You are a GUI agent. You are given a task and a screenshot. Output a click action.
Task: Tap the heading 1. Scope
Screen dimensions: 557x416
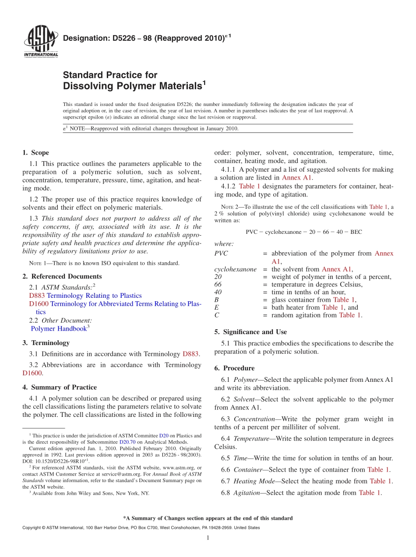click(35, 153)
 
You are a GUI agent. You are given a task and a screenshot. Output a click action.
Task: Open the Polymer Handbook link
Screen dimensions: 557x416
click(59, 328)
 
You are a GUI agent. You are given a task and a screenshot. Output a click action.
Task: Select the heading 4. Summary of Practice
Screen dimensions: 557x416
click(60, 387)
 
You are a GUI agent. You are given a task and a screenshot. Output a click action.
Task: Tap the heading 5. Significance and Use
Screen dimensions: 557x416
click(250, 332)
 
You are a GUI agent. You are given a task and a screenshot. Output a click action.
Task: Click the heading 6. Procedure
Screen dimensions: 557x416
click(234, 368)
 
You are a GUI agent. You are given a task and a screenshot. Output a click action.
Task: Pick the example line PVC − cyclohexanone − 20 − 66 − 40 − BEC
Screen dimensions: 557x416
click(303, 232)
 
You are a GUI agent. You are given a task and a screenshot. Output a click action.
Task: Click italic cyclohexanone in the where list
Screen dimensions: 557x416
click(235, 269)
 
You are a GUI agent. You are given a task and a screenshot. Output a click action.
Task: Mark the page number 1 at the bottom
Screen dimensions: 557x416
click(208, 537)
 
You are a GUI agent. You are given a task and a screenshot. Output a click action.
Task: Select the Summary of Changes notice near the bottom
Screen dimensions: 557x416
click(208, 518)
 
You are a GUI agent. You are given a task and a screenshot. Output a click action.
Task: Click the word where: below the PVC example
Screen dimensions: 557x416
click(224, 244)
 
